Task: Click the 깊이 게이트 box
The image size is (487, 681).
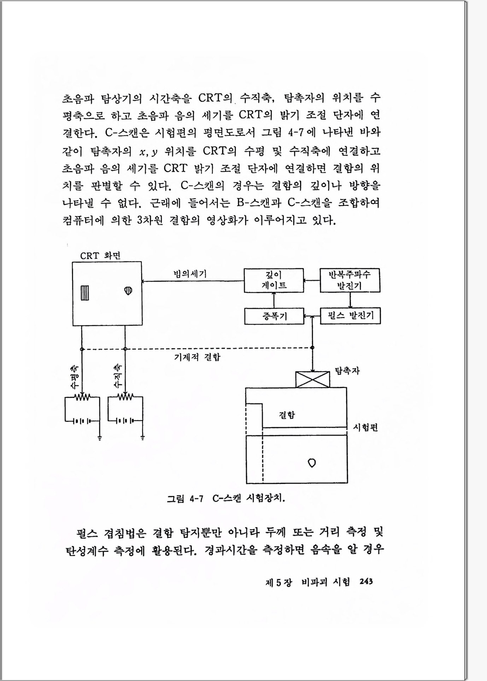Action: click(274, 280)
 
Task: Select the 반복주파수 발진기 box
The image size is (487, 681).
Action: click(350, 280)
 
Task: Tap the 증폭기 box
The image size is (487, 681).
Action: click(274, 316)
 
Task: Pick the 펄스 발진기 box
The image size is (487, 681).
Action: click(350, 316)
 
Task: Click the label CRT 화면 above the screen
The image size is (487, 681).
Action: click(100, 256)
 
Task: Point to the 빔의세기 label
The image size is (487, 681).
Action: click(190, 273)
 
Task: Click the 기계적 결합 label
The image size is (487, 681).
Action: click(197, 357)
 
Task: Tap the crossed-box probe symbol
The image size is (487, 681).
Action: click(312, 380)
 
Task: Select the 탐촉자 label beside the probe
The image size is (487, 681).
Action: click(347, 371)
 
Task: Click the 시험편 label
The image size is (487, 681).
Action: click(365, 427)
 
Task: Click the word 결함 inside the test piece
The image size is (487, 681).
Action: click(287, 415)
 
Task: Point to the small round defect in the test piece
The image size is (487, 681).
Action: click(312, 463)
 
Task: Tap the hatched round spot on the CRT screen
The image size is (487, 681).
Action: click(128, 291)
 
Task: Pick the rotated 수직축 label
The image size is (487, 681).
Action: click(118, 376)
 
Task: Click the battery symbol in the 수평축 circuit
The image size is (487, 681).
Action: click(82, 421)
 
